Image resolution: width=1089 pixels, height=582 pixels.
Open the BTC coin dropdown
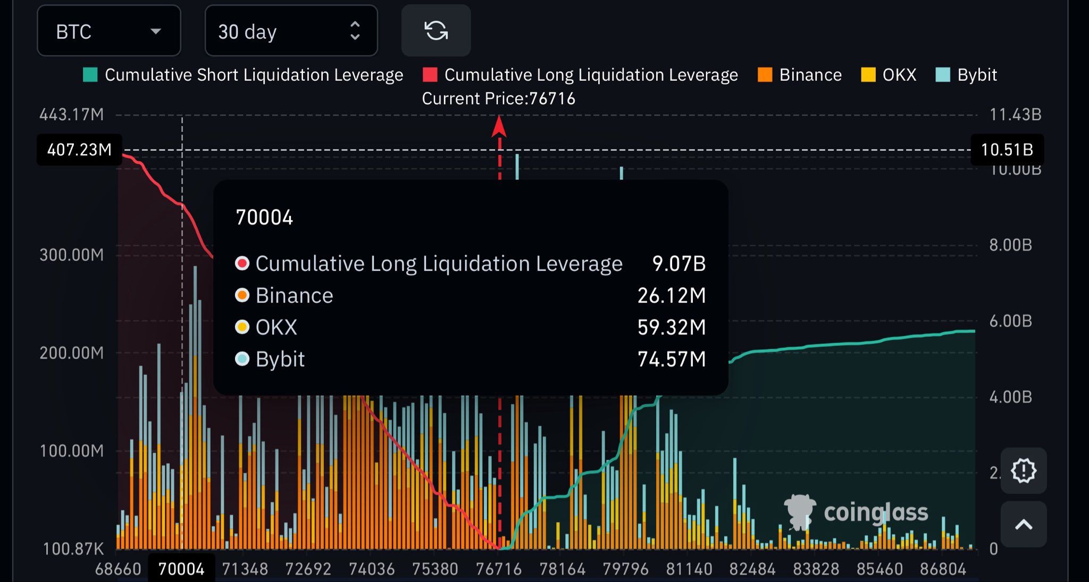pyautogui.click(x=108, y=31)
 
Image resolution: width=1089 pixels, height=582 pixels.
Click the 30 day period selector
pyautogui.click(x=290, y=31)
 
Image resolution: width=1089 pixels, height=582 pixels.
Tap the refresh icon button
pyautogui.click(x=435, y=30)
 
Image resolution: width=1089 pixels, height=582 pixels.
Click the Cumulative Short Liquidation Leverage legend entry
pyautogui.click(x=244, y=75)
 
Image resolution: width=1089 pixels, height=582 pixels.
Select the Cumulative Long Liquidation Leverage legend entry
pyautogui.click(x=580, y=75)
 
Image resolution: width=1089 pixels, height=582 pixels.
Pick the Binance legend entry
pyautogui.click(x=800, y=75)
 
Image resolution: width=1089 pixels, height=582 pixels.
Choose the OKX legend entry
pyautogui.click(x=889, y=75)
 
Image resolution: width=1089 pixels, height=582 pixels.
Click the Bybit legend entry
pyautogui.click(x=966, y=75)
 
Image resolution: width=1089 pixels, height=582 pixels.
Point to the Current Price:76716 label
pyautogui.click(x=498, y=98)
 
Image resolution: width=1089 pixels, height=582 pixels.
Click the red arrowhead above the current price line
pyautogui.click(x=499, y=127)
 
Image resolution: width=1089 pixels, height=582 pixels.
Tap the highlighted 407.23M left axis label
pyautogui.click(x=79, y=149)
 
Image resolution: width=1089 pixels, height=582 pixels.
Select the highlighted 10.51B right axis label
pyautogui.click(x=1007, y=149)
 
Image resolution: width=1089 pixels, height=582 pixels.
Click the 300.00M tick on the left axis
pyautogui.click(x=72, y=255)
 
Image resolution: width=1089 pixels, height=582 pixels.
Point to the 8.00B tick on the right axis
pyautogui.click(x=1010, y=245)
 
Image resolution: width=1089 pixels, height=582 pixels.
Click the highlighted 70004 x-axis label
pyautogui.click(x=181, y=569)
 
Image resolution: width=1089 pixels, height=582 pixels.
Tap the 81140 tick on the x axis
pyautogui.click(x=689, y=569)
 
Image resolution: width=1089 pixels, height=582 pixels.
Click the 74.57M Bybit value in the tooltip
pyautogui.click(x=672, y=359)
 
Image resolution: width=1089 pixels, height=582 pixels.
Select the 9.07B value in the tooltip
pyautogui.click(x=678, y=263)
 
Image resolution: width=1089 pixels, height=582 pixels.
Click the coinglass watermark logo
pyautogui.click(x=856, y=512)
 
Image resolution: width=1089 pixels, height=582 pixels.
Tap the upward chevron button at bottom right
pyautogui.click(x=1024, y=525)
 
